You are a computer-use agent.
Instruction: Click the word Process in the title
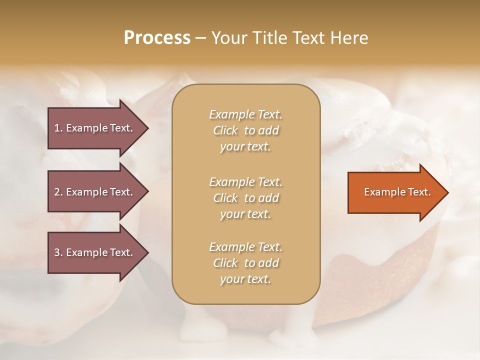pyautogui.click(x=157, y=38)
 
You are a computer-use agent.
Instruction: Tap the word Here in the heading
pyautogui.click(x=348, y=38)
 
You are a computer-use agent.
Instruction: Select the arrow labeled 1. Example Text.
pyautogui.click(x=95, y=128)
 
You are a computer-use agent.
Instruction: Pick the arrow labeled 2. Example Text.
pyautogui.click(x=95, y=192)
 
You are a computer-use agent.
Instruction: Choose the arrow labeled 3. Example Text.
pyautogui.click(x=95, y=252)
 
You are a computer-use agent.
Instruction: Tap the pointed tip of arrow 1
pyautogui.click(x=147, y=128)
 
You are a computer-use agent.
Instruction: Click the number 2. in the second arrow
pyautogui.click(x=58, y=192)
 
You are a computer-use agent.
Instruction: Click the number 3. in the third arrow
pyautogui.click(x=58, y=252)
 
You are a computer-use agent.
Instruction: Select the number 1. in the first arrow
pyautogui.click(x=58, y=128)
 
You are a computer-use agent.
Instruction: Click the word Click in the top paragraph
pyautogui.click(x=225, y=130)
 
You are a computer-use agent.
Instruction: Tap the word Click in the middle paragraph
pyautogui.click(x=225, y=198)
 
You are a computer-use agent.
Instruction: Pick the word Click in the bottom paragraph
pyautogui.click(x=225, y=263)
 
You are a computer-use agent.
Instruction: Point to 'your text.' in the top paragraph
pyautogui.click(x=245, y=147)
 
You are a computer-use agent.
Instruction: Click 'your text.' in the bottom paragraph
pyautogui.click(x=245, y=279)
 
